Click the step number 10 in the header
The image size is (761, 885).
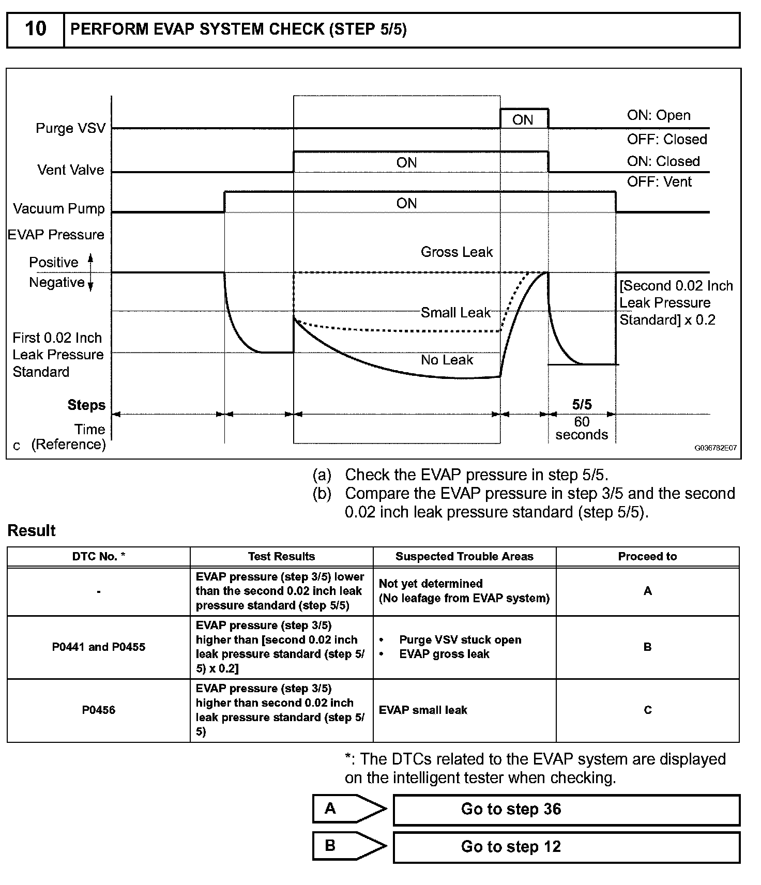pos(35,29)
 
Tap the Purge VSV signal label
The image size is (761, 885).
pos(70,128)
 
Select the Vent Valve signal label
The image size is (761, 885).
pos(71,170)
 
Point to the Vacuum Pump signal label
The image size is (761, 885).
pos(59,208)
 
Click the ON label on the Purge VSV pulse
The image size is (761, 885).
pos(523,120)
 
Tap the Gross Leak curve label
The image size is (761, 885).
pos(456,252)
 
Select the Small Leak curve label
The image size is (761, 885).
pos(455,312)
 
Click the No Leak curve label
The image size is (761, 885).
pos(447,360)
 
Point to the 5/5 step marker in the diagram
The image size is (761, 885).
pos(582,404)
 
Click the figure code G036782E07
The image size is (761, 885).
pos(715,448)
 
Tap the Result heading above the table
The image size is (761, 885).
pos(32,530)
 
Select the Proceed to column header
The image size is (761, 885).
pos(647,556)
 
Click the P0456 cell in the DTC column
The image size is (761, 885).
pos(98,710)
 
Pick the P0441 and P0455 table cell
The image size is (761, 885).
pos(98,647)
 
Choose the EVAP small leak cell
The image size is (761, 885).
pos(423,710)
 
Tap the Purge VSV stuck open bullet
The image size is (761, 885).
pos(460,639)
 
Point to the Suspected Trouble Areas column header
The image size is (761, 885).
pos(464,556)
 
